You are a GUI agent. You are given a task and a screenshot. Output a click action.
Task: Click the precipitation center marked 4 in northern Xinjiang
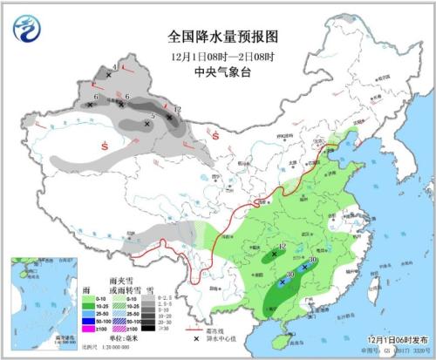point(109,76)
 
